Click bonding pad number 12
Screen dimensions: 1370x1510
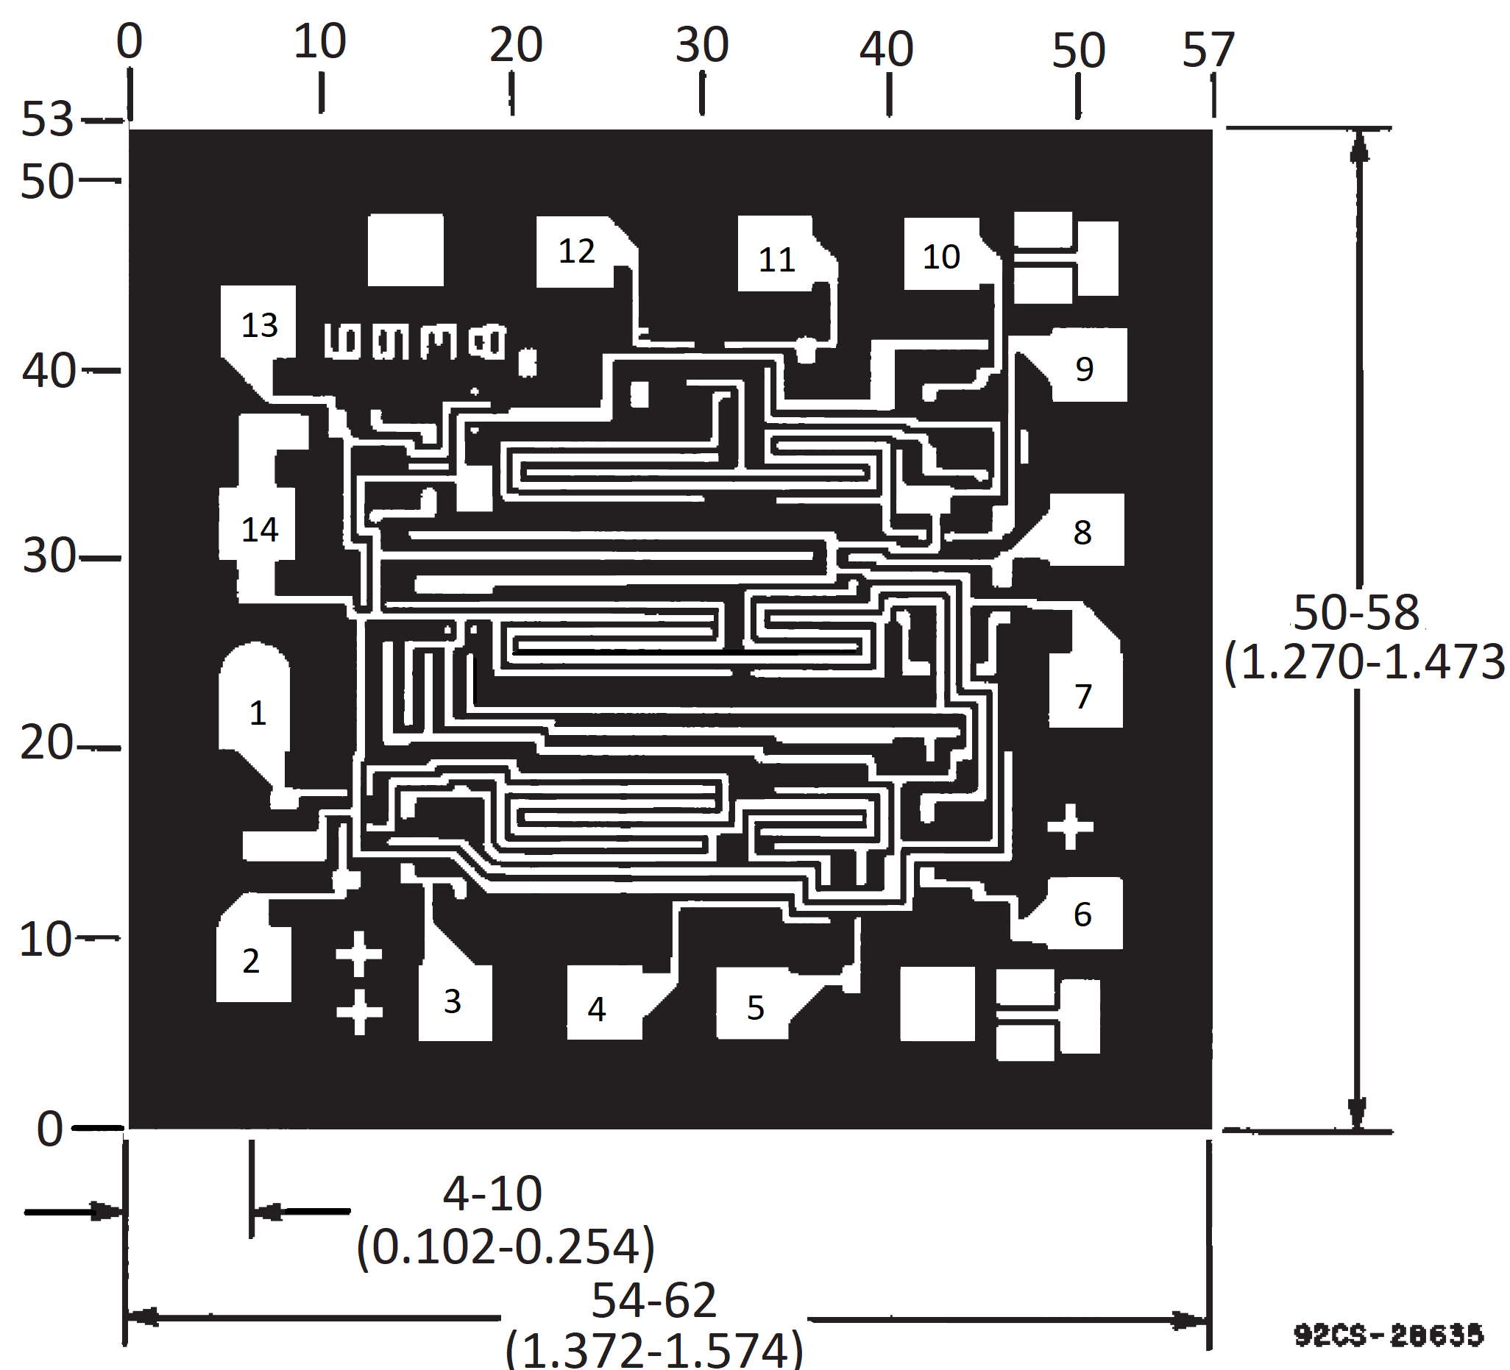[x=576, y=252]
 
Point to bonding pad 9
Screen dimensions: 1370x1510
[x=1087, y=368]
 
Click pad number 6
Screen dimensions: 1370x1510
[x=1083, y=915]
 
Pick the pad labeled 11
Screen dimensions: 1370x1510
[x=777, y=259]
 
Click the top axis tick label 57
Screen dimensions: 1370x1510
[x=1208, y=50]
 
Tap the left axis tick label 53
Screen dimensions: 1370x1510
[x=46, y=119]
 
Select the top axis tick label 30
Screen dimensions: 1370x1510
[x=702, y=45]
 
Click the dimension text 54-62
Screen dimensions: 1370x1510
[x=654, y=1300]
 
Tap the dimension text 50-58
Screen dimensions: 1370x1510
[x=1355, y=612]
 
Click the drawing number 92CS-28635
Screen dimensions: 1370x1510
[x=1388, y=1334]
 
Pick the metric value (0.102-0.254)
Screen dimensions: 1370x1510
[x=506, y=1246]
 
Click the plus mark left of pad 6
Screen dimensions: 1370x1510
[x=1070, y=827]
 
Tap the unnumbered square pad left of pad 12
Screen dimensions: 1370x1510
[x=405, y=250]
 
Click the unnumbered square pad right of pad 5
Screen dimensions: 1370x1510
[x=937, y=1003]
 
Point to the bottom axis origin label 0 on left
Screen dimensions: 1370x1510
[x=49, y=1129]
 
